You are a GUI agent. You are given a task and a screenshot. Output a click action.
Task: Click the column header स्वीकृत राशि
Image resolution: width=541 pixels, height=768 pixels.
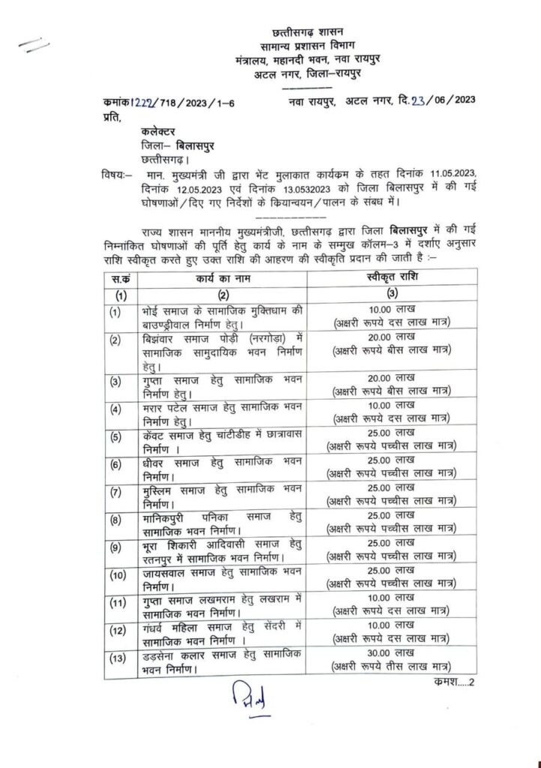click(393, 277)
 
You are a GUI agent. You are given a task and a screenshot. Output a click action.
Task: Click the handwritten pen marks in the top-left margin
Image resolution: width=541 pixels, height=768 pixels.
click(34, 46)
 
